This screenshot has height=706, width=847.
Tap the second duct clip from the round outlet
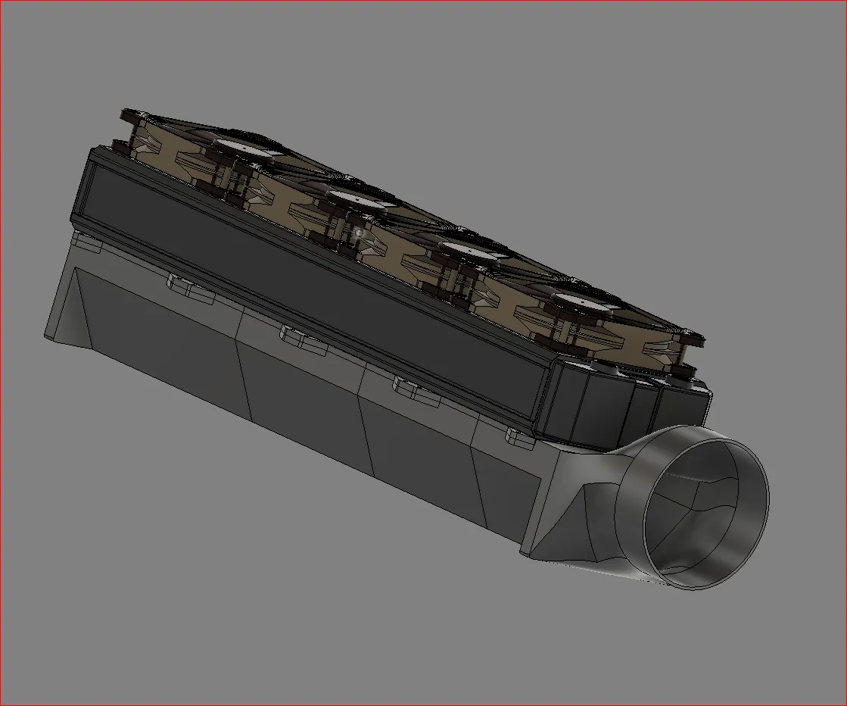pyautogui.click(x=409, y=387)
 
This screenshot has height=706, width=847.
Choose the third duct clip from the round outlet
pyautogui.click(x=299, y=336)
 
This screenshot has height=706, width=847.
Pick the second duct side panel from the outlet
pyautogui.click(x=416, y=439)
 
